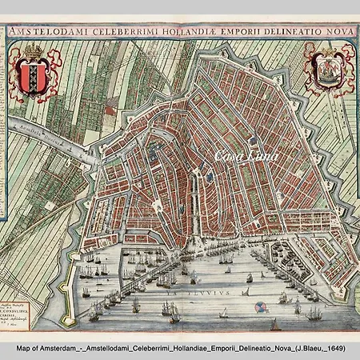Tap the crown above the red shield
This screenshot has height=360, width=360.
pos(34,53)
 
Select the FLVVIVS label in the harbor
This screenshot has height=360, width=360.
pos(196,294)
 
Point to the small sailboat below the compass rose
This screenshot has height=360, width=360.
pos(275,324)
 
